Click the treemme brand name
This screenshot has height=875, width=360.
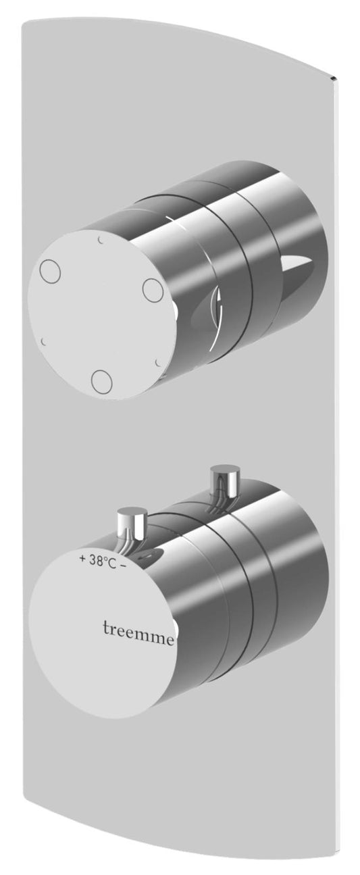pyautogui.click(x=138, y=629)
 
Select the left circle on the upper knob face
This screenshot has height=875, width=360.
pyautogui.click(x=50, y=272)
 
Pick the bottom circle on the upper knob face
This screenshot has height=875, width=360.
pyautogui.click(x=102, y=381)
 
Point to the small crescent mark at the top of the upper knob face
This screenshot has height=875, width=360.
pyautogui.click(x=101, y=240)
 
